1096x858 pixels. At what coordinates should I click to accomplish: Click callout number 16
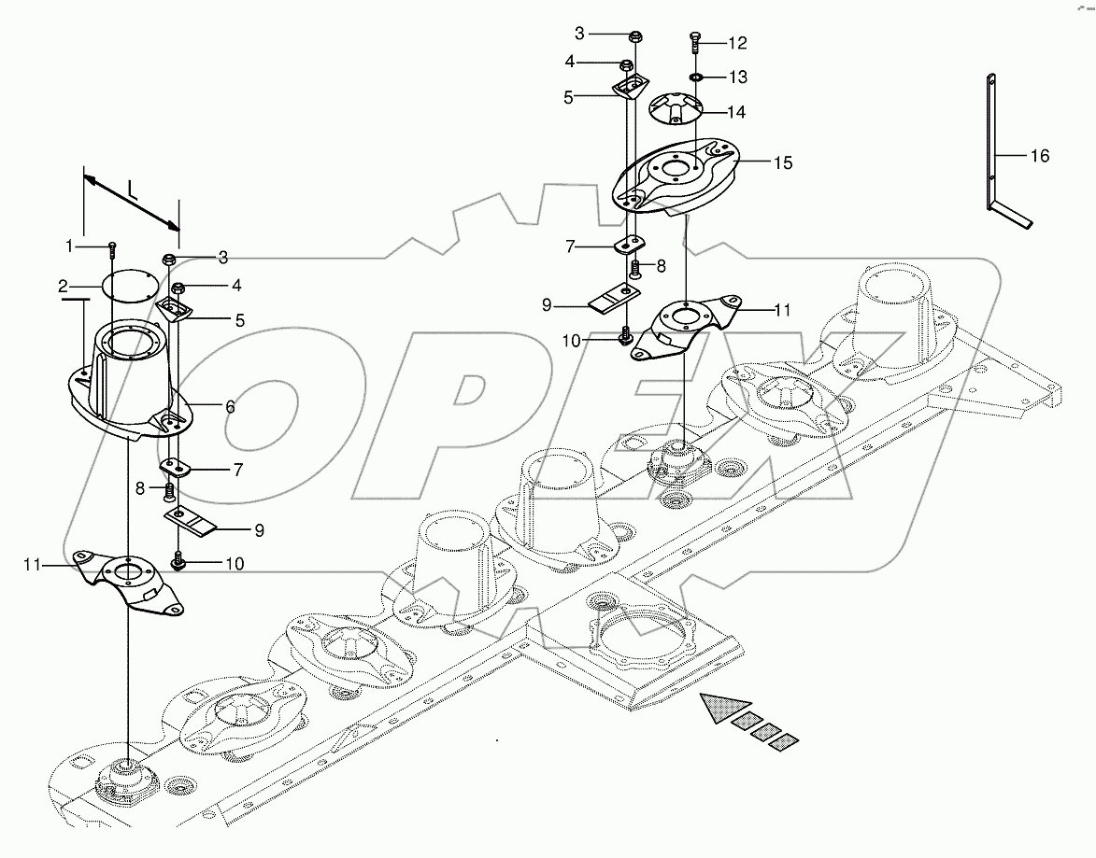1039,156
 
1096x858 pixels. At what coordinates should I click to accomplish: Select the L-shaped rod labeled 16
989,149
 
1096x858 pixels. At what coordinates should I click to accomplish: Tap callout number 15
782,162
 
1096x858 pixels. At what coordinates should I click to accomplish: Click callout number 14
736,112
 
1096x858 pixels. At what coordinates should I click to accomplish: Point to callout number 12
737,43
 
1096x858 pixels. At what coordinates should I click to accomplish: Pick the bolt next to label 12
695,40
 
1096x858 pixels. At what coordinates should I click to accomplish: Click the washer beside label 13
697,75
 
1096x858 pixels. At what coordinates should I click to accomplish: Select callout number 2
64,286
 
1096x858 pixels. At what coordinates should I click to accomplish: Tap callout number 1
68,246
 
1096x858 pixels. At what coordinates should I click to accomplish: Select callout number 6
229,407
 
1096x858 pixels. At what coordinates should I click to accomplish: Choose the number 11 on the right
781,309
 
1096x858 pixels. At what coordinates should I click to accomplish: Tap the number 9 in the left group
258,529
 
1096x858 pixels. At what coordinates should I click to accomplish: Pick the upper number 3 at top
579,34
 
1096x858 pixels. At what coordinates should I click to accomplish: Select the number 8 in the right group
661,266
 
